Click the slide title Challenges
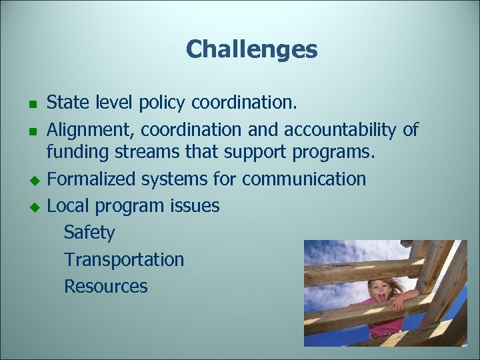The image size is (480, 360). point(251,49)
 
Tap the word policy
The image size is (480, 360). point(163,103)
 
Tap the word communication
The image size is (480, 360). point(303,179)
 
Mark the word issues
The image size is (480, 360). point(195,205)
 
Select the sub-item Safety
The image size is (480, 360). point(89,233)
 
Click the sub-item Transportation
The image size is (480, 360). point(124,259)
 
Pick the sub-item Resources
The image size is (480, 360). point(105,286)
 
